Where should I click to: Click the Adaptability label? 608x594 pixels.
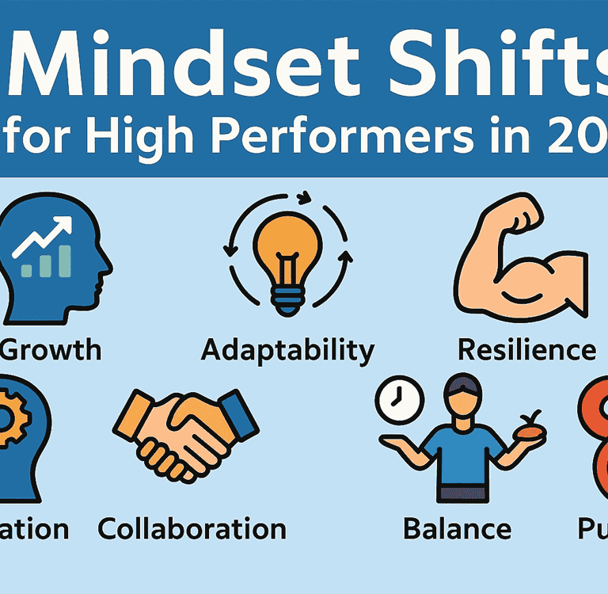pos(287,349)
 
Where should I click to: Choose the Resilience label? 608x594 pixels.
pos(526,349)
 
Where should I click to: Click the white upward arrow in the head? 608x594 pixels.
pos(47,234)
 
